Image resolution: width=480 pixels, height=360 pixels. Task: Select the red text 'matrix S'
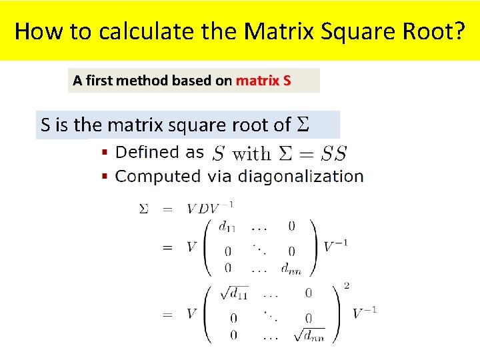tap(263, 81)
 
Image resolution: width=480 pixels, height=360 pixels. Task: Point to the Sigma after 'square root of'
tap(302, 125)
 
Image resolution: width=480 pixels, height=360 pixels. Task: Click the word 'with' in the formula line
tap(251, 155)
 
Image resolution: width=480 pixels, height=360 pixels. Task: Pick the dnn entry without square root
tap(292, 268)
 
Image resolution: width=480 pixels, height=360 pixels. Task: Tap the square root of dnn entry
tap(309, 335)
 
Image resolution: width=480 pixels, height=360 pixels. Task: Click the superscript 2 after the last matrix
tap(347, 286)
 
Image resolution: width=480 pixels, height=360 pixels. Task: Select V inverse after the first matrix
tap(335, 247)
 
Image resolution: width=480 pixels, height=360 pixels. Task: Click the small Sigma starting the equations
tap(143, 209)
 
